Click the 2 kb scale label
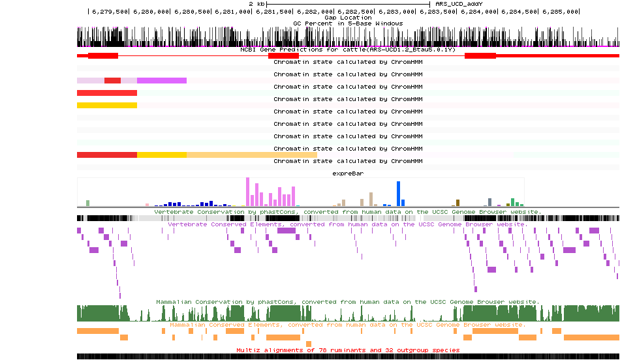pos(256,4)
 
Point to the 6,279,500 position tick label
pos(109,12)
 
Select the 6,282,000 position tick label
pos(315,12)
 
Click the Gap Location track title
pos(348,18)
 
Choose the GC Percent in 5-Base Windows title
pos(348,23)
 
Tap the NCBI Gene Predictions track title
pos(348,50)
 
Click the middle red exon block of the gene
pos(283,56)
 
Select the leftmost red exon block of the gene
pos(103,56)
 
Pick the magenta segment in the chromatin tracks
pos(161,80)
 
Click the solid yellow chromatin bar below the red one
pos(107,105)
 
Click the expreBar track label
pos(348,174)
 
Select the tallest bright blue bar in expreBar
pos(398,194)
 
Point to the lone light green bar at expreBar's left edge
pos(87,203)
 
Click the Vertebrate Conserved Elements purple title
pos(348,224)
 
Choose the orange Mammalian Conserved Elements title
pos(348,324)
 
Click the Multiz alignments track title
pos(348,350)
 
